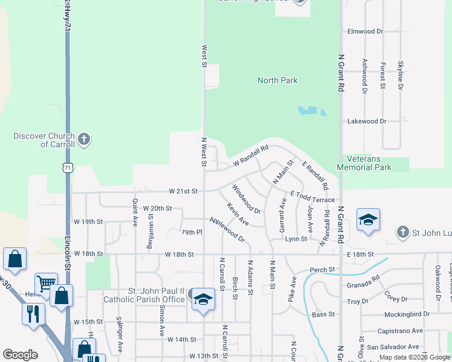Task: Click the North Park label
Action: point(277,80)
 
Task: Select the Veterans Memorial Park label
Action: point(364,163)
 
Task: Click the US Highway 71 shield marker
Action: point(67,167)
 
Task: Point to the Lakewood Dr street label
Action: point(366,121)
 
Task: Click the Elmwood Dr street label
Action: point(365,31)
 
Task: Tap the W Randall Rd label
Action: point(250,156)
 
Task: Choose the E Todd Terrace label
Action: point(312,197)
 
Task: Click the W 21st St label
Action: point(183,191)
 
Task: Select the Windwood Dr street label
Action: point(246,199)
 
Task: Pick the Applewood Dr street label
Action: point(227,229)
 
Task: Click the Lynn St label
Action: point(296,239)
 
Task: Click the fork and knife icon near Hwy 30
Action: point(33,313)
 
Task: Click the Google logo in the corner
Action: point(20,355)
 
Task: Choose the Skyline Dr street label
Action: point(400,75)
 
